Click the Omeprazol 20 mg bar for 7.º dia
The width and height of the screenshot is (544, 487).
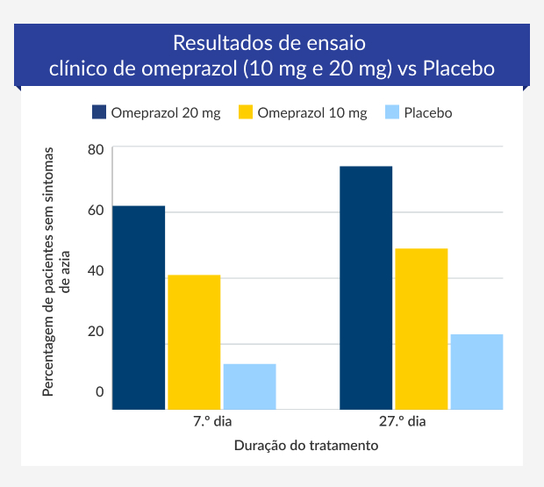[x=139, y=307]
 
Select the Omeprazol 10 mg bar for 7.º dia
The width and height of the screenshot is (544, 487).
[x=194, y=342]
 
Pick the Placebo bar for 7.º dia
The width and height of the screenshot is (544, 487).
[x=249, y=386]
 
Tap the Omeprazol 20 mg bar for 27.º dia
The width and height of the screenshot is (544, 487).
[x=366, y=288]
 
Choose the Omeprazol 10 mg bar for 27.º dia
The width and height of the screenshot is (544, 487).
[x=421, y=329]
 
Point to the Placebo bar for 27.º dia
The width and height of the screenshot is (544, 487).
[x=476, y=371]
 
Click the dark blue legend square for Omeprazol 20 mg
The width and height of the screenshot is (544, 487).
[x=98, y=112]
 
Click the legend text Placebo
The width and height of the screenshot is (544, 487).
[x=427, y=112]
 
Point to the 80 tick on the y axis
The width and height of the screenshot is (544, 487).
[x=96, y=149]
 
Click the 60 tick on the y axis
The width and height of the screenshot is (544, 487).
[x=96, y=210]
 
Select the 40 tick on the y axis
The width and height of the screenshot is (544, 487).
[x=96, y=270]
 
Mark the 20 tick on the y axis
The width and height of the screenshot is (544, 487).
[x=96, y=331]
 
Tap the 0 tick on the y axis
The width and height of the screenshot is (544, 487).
[x=99, y=391]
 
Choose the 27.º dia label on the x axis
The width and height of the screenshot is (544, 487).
[x=403, y=422]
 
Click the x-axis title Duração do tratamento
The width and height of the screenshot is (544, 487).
[x=306, y=446]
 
